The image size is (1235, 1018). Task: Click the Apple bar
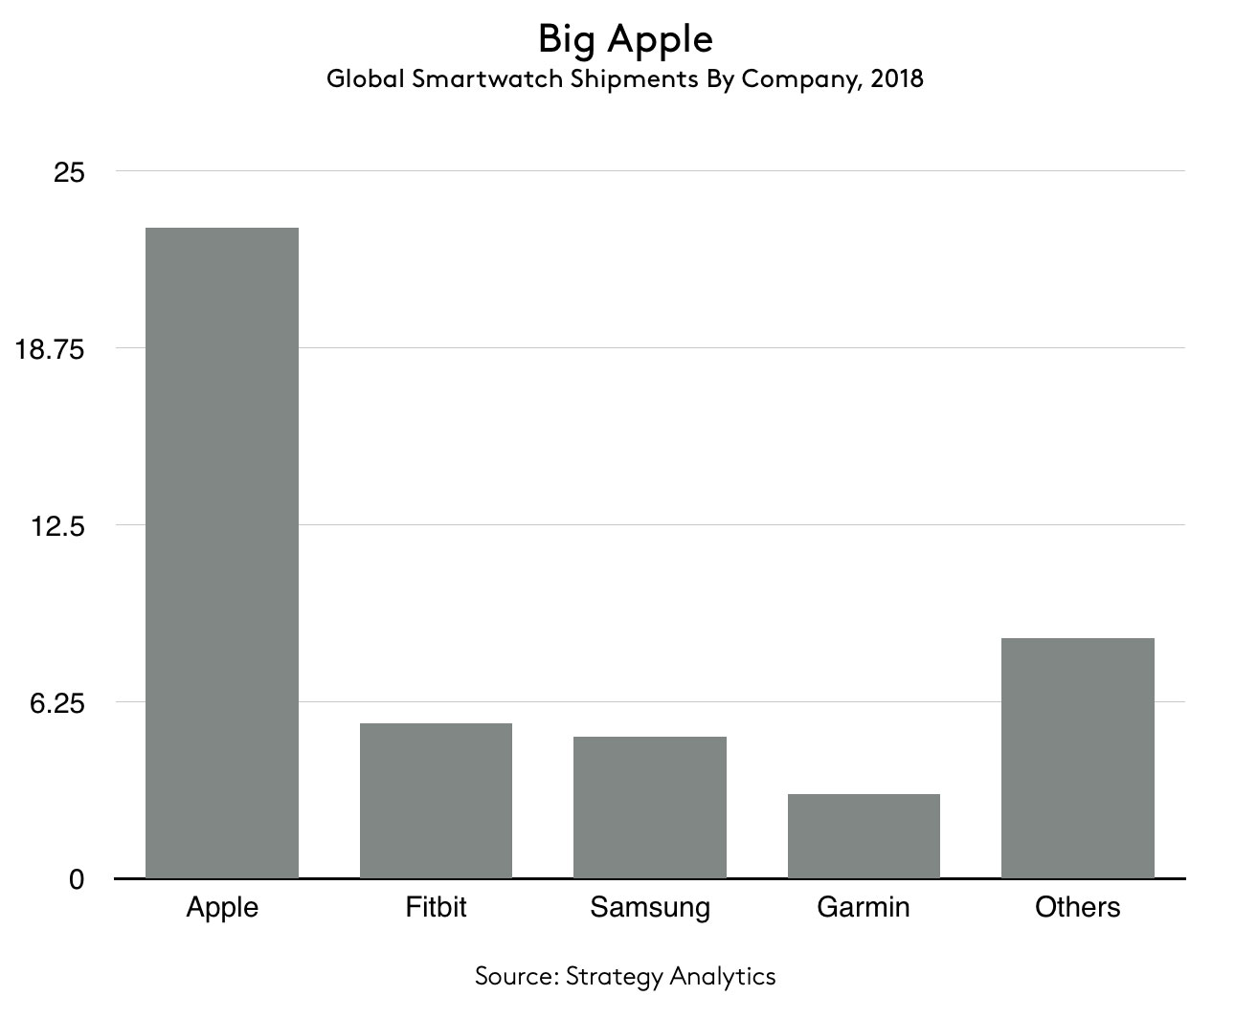click(x=221, y=552)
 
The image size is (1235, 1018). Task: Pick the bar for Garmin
click(x=864, y=835)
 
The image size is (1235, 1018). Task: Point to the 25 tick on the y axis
click(x=69, y=172)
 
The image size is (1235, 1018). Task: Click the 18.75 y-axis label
click(x=50, y=349)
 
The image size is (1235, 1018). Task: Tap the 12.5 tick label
click(x=59, y=526)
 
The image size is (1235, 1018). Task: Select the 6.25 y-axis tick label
click(x=58, y=703)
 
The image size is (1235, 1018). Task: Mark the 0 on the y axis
click(x=77, y=879)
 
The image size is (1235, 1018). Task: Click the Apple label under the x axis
click(x=222, y=907)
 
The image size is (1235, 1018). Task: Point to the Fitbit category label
click(x=436, y=906)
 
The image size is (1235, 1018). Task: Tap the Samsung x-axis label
click(x=650, y=907)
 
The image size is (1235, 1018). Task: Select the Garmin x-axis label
click(x=864, y=906)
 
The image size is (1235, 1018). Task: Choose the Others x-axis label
click(x=1077, y=906)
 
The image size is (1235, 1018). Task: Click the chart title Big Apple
click(x=624, y=39)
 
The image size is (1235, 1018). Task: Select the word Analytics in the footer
click(x=723, y=977)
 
